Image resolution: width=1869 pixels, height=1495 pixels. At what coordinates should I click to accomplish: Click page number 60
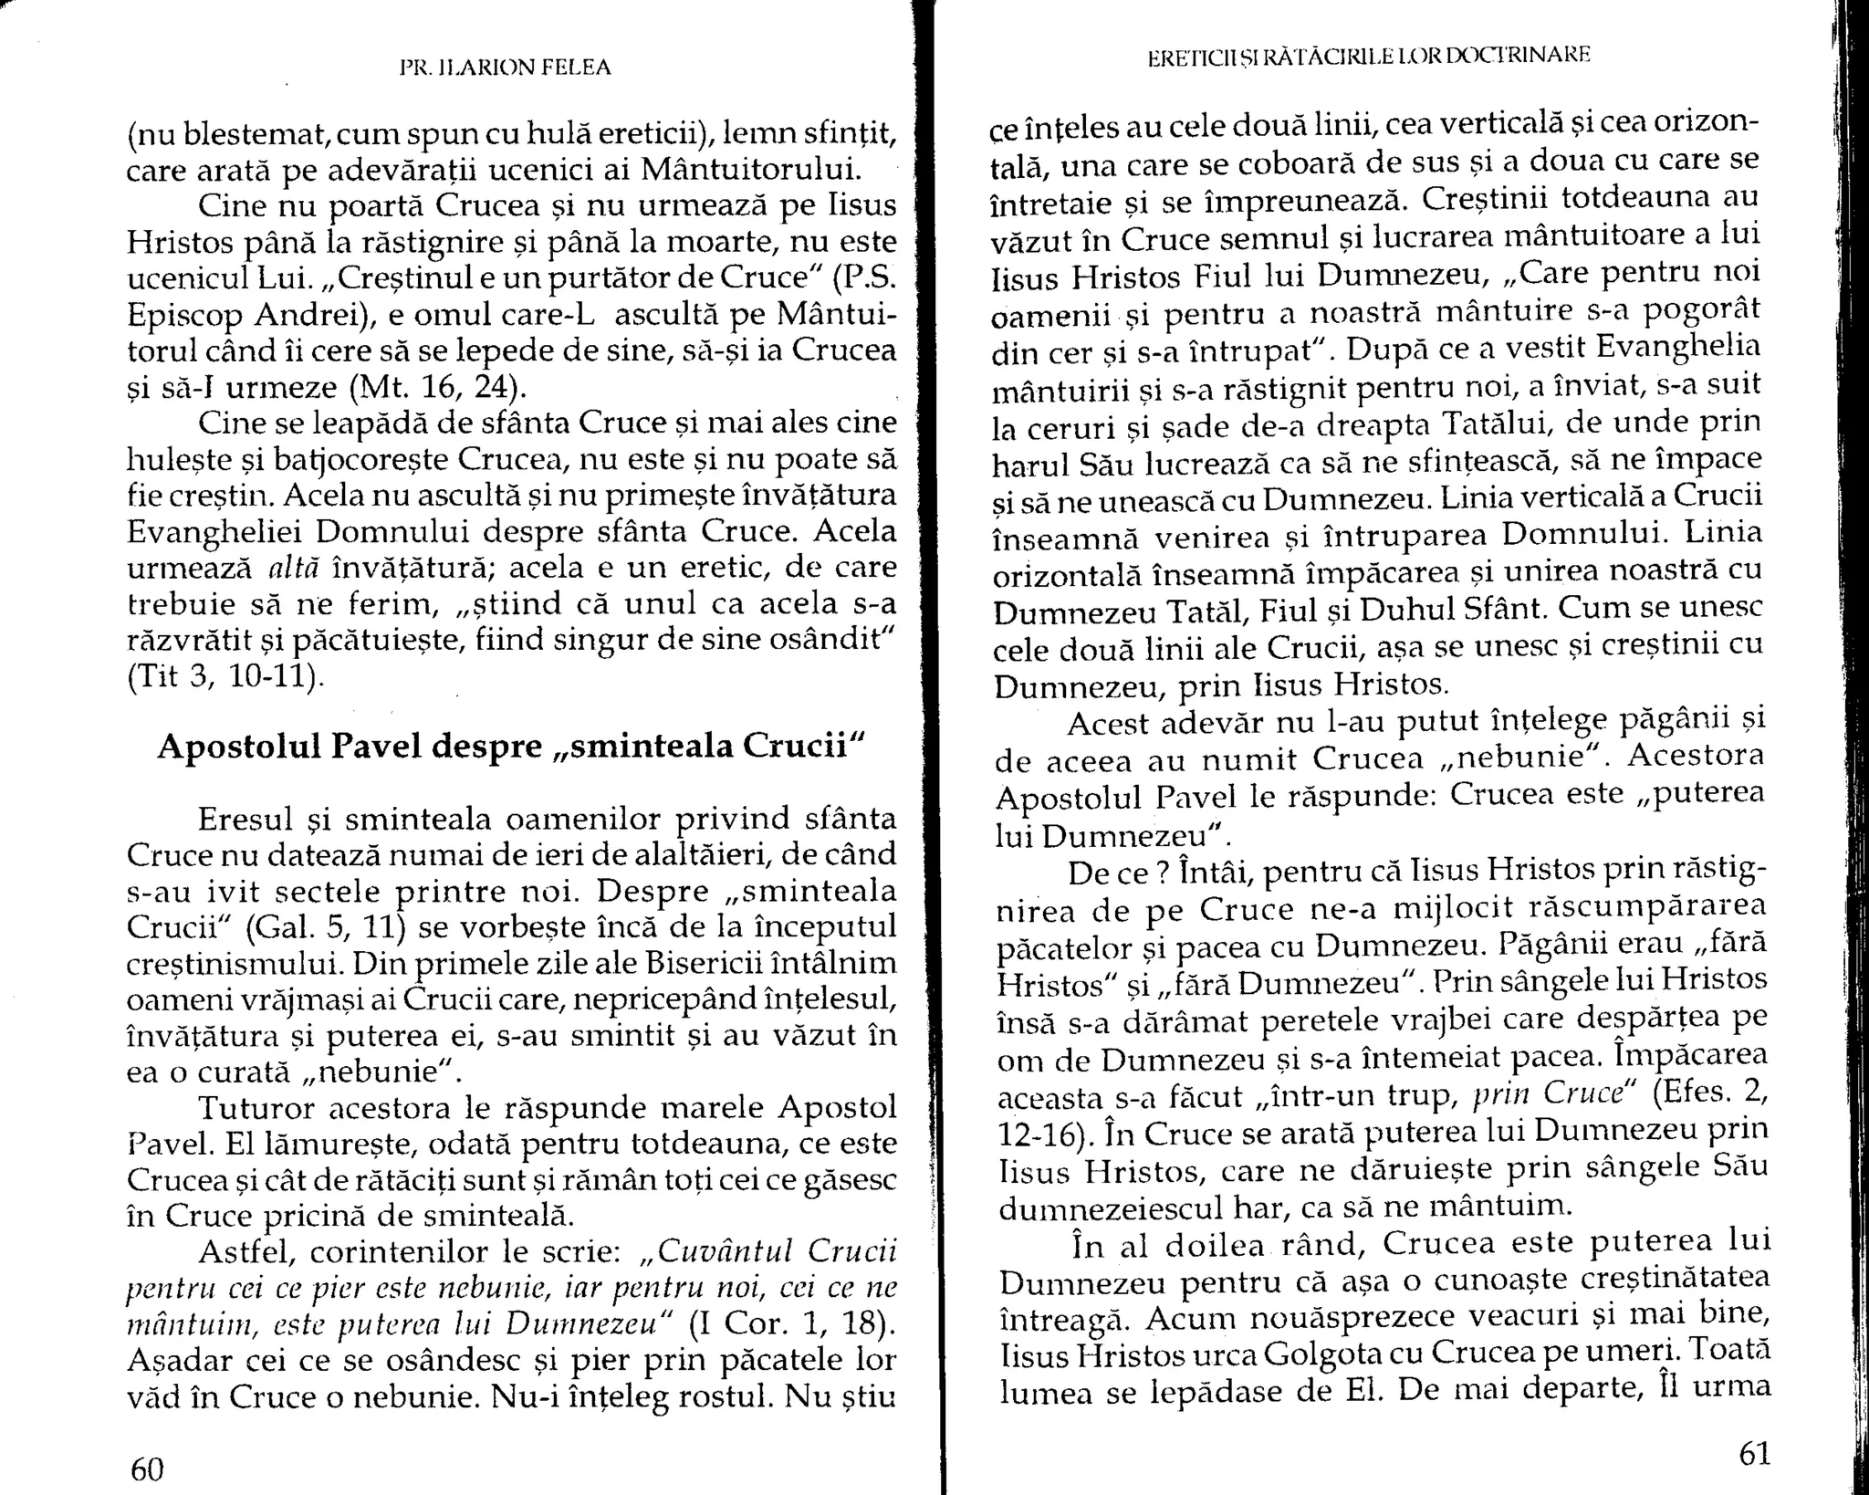tap(147, 1469)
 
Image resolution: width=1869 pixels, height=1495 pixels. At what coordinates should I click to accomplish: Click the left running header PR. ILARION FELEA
tap(505, 68)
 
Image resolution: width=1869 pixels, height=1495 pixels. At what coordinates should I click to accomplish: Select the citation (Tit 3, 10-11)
tap(225, 676)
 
